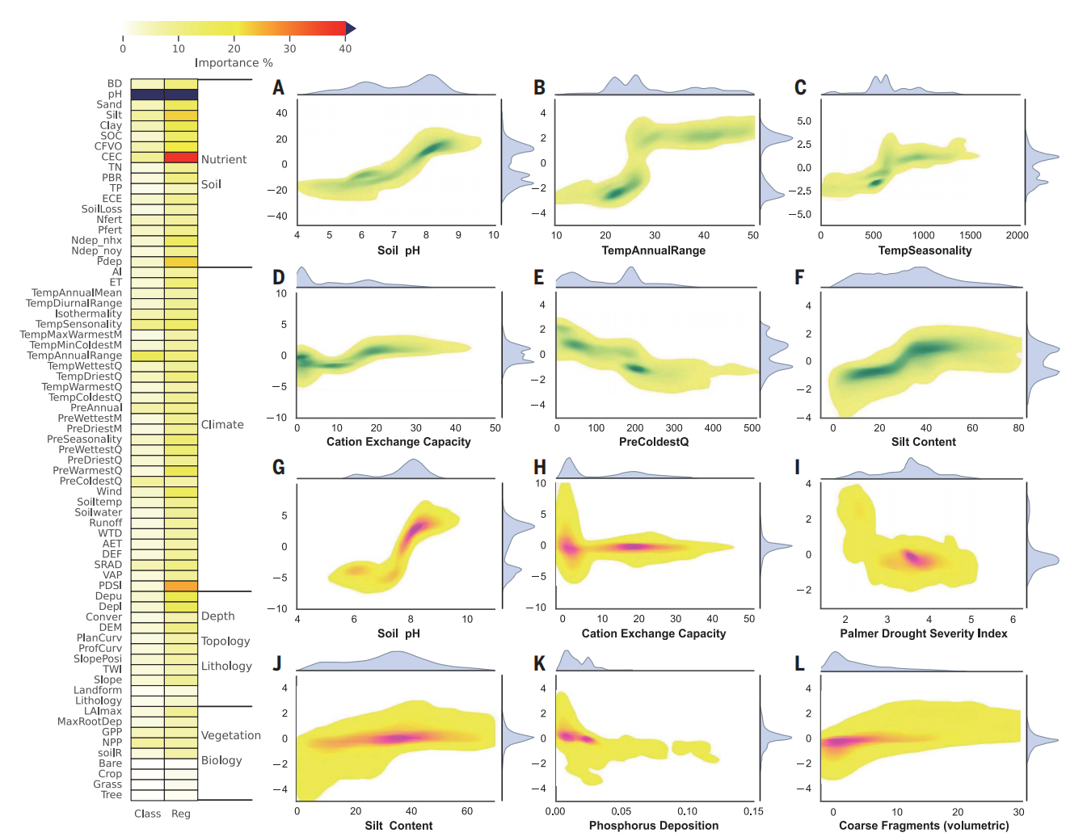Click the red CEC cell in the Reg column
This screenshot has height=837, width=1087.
click(181, 158)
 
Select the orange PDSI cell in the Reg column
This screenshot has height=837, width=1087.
click(181, 586)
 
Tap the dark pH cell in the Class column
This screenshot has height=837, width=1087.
click(147, 95)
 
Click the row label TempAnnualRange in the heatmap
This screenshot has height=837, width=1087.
click(74, 355)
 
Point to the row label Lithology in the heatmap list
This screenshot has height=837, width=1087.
click(99, 700)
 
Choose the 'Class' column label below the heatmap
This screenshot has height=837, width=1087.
click(147, 814)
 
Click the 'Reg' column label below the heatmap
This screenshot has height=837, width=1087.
click(181, 814)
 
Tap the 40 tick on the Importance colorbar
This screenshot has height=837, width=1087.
click(345, 48)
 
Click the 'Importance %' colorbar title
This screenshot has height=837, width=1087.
click(234, 63)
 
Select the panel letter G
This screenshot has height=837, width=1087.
click(279, 467)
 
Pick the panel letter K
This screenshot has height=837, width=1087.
click(540, 663)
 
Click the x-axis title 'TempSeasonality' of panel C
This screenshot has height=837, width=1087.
click(925, 250)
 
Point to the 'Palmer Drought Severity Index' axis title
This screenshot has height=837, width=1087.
click(923, 633)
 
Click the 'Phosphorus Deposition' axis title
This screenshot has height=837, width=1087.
click(653, 826)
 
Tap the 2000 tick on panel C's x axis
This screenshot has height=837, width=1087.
click(1017, 235)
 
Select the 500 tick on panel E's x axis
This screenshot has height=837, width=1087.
click(752, 428)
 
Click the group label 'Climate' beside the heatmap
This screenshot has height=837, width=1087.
click(222, 425)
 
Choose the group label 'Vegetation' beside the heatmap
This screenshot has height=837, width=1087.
click(230, 735)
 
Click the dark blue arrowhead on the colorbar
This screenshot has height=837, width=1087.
click(351, 28)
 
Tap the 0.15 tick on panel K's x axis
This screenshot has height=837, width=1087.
click(752, 811)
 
